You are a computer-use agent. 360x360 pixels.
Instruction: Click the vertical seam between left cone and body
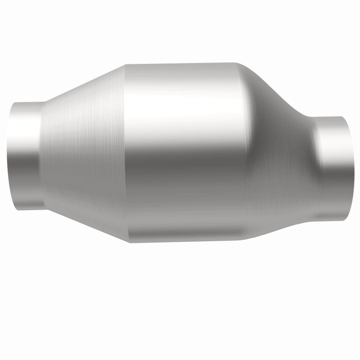[x=125, y=153]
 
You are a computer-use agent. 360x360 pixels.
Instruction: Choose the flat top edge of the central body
[x=180, y=63]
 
